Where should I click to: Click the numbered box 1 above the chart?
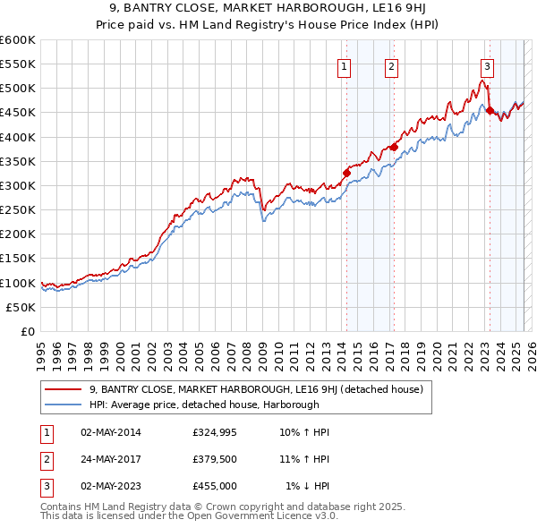(x=345, y=65)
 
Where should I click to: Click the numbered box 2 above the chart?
(x=392, y=65)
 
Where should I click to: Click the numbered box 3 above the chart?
(x=487, y=65)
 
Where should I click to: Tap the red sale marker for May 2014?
(x=346, y=173)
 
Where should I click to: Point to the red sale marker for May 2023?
(x=490, y=110)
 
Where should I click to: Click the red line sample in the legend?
(x=63, y=389)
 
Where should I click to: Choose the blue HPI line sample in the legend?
(x=63, y=404)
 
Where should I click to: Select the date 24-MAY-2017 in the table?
(x=111, y=459)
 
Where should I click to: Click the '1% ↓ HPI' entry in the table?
(x=307, y=486)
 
